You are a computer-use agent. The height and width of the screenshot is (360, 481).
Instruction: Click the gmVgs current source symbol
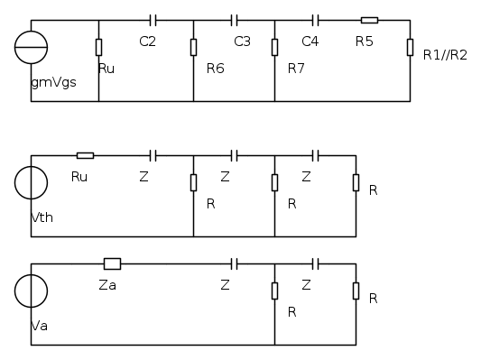(x=31, y=47)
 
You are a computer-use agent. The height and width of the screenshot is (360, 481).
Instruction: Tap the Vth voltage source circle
(x=31, y=182)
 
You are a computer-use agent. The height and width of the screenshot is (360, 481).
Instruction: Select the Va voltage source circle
(x=31, y=291)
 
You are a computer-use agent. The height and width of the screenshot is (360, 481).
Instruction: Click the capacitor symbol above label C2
(x=153, y=20)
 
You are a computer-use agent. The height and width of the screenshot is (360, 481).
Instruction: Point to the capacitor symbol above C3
(x=234, y=20)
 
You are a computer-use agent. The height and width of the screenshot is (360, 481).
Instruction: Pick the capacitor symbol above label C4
(x=315, y=20)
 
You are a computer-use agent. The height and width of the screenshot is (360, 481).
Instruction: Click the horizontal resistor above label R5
(x=369, y=20)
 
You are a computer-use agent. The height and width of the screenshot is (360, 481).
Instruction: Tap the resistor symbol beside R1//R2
(x=410, y=47)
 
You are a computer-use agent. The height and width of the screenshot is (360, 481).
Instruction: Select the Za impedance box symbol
(x=112, y=263)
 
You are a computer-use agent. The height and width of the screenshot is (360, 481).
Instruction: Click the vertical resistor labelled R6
(x=193, y=47)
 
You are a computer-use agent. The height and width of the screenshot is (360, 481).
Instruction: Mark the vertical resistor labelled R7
(x=274, y=47)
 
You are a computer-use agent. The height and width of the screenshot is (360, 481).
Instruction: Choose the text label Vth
(x=42, y=218)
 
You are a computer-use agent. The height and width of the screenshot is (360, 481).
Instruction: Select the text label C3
(x=242, y=42)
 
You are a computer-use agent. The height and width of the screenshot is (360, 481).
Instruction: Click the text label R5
(x=364, y=42)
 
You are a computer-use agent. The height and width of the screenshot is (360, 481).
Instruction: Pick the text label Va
(x=39, y=326)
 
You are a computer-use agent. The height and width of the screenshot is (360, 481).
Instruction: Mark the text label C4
(x=310, y=42)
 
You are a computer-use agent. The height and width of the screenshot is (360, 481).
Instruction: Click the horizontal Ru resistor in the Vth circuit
(x=85, y=155)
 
